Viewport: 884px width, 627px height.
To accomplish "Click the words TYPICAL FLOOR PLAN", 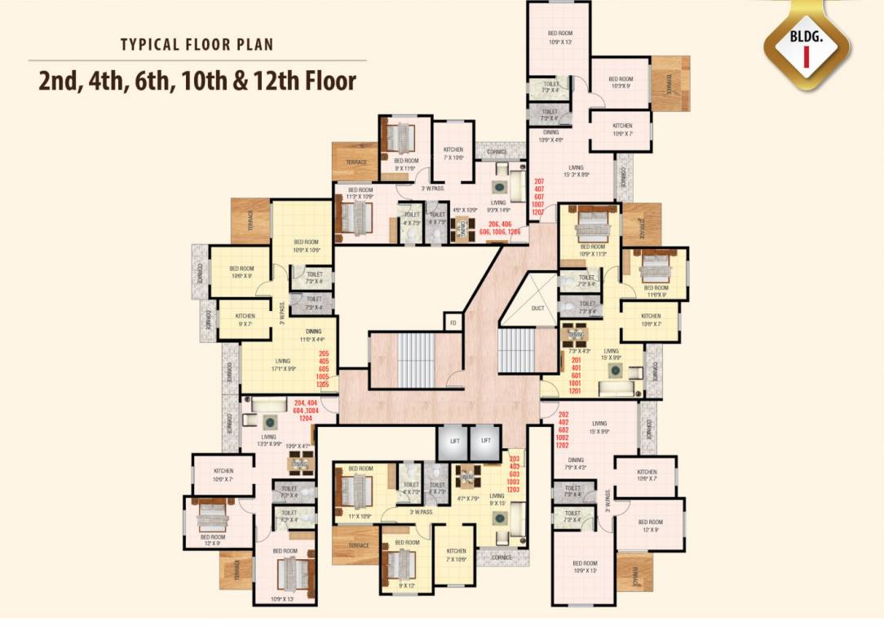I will pos(197,44).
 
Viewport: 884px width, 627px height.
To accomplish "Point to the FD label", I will pos(453,322).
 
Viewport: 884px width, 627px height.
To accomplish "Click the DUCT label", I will pos(537,309).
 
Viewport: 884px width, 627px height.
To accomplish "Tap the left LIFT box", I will pos(455,441).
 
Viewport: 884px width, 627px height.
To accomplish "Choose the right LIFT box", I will pos(486,441).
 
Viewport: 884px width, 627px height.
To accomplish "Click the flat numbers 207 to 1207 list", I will pos(538,196).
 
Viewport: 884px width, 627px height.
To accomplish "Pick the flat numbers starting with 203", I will pos(514,474).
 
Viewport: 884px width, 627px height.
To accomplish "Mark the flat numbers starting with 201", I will pos(576,375).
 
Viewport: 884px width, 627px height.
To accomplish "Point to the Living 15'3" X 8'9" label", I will pos(576,171).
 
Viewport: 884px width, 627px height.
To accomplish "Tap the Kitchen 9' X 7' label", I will pos(245,319).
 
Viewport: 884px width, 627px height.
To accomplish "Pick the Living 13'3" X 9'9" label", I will pos(269,441).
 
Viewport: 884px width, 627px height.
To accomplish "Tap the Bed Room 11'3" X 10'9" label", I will pos(360,193).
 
